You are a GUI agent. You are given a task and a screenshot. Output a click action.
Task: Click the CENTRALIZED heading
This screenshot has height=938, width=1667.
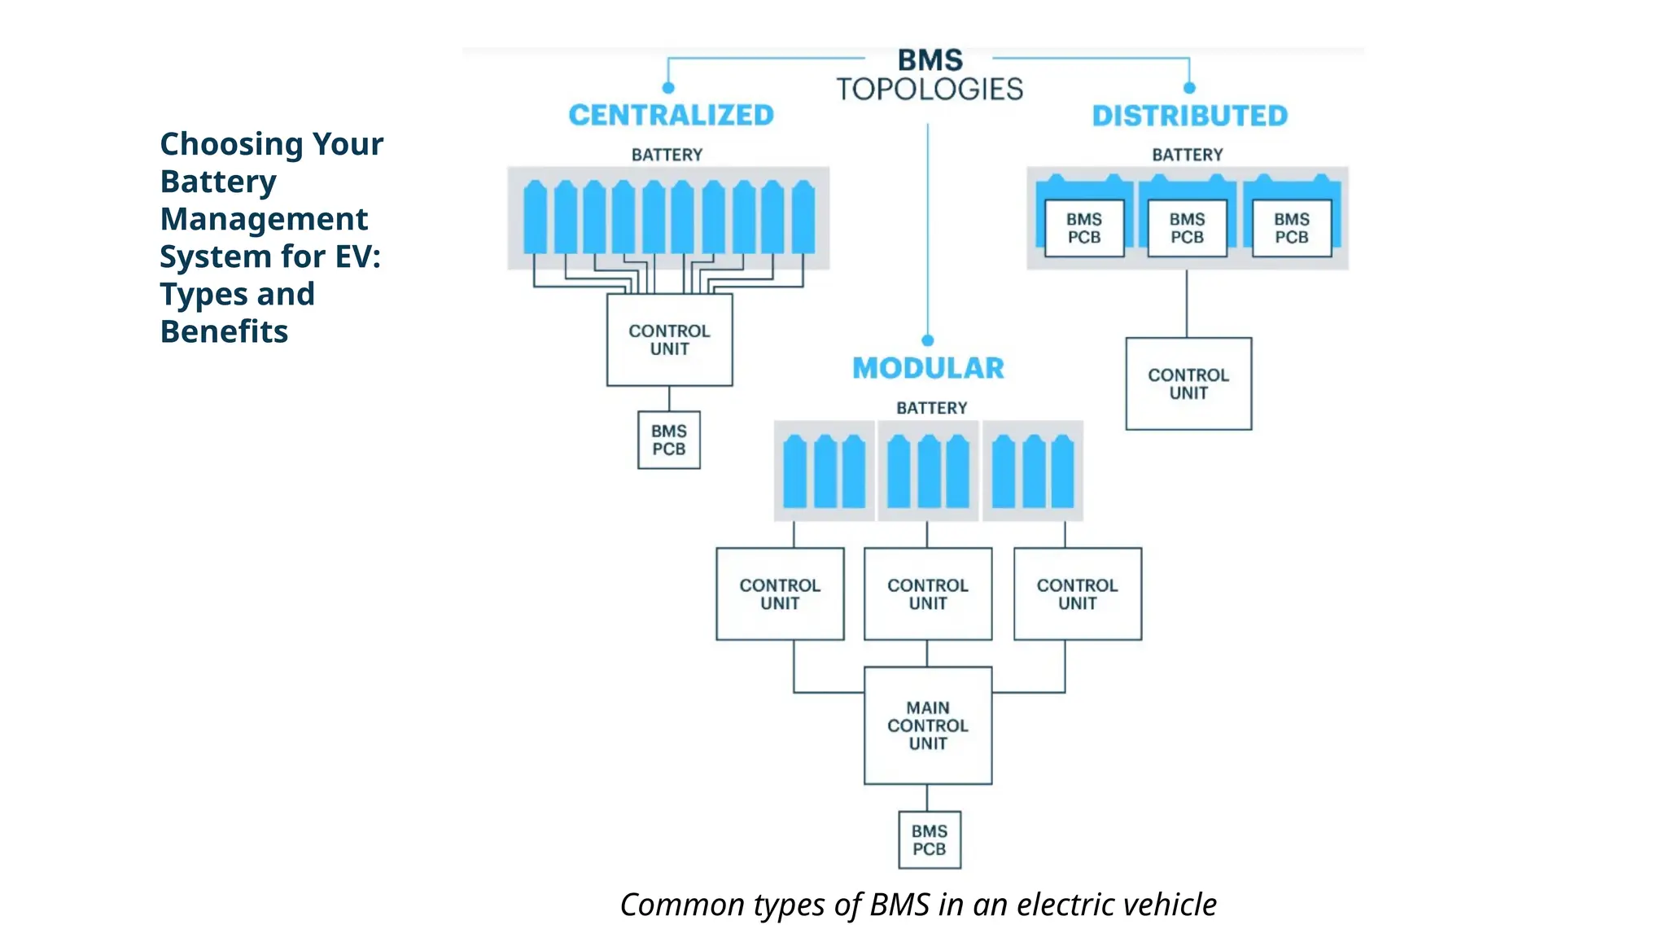click(671, 116)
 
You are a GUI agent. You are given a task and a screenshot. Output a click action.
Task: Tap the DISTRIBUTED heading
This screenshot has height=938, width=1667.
click(1189, 116)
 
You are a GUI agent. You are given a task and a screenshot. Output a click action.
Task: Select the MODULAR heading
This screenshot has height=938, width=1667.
click(928, 369)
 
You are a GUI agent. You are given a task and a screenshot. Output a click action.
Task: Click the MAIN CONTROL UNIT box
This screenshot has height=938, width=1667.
click(928, 725)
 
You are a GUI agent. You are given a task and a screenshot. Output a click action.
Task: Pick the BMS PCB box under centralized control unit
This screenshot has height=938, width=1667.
click(668, 440)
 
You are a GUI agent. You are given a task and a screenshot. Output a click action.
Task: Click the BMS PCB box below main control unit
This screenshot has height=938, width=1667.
click(929, 839)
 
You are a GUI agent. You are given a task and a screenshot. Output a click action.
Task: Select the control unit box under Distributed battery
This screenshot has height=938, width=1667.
click(1188, 384)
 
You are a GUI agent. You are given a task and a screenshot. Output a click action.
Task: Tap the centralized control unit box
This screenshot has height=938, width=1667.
click(669, 340)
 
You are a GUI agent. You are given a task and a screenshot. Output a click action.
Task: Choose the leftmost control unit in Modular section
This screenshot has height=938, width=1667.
click(780, 594)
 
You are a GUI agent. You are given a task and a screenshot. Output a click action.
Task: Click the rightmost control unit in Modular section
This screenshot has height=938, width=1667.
click(1077, 594)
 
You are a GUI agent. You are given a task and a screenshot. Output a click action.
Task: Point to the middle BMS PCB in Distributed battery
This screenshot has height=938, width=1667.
click(1187, 229)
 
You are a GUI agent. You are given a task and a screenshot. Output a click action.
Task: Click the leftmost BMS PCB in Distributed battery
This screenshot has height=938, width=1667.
click(1083, 229)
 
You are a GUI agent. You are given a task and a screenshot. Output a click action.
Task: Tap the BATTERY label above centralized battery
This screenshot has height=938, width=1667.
click(667, 155)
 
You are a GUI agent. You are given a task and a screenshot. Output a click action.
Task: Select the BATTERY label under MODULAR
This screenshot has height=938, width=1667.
click(931, 408)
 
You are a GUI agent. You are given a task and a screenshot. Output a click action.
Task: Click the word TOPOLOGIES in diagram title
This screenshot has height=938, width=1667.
click(930, 90)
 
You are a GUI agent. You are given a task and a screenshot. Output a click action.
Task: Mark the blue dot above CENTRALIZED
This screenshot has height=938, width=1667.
click(668, 88)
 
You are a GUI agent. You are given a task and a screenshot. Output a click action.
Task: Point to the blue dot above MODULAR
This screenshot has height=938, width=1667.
click(927, 340)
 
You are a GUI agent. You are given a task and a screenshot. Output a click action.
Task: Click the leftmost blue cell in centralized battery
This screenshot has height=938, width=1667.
click(535, 218)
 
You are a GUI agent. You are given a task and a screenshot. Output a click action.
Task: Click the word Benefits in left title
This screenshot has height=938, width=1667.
click(224, 332)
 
